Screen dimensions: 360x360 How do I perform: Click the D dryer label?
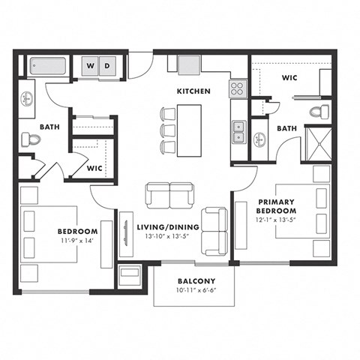(x=107, y=65)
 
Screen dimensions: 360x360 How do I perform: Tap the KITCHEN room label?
(x=193, y=91)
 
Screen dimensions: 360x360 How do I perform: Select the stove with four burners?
(x=238, y=88)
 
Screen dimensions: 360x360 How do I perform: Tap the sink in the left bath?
(x=27, y=99)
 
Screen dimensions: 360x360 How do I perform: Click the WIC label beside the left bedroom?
(x=94, y=168)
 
